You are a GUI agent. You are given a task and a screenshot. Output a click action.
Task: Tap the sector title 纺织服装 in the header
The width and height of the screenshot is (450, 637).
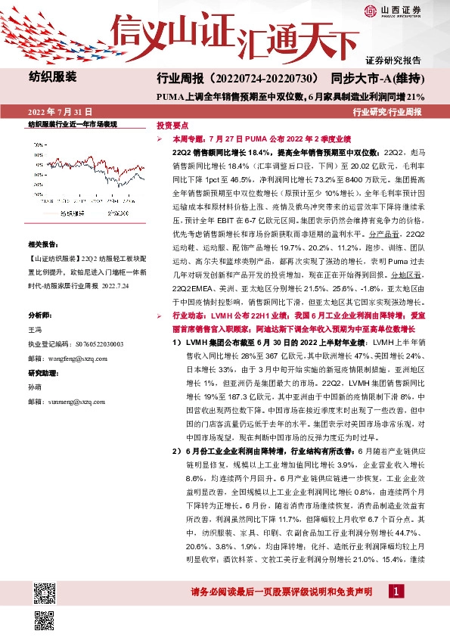tap(52, 76)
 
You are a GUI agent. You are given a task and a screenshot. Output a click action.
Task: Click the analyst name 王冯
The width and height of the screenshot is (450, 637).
tap(35, 330)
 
